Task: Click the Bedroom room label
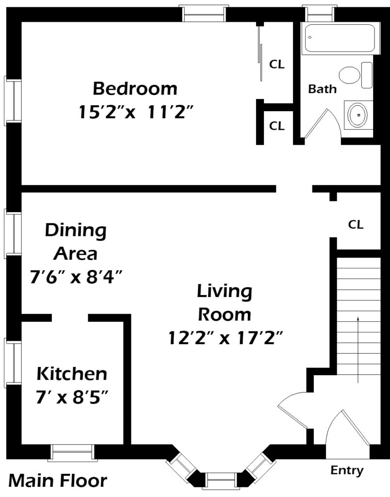coord(135,88)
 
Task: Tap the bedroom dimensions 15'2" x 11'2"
coord(136,112)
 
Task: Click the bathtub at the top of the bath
coord(340,38)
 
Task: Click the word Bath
coord(322,89)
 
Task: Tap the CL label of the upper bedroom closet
coord(277,65)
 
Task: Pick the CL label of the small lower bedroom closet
coord(277,126)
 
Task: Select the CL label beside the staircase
coord(356,224)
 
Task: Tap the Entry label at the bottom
coord(347,470)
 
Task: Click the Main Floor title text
coord(58,480)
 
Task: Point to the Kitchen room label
coord(72,374)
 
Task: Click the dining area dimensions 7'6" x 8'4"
coord(76,277)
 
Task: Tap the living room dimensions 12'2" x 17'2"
coord(225,338)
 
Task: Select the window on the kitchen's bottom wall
coord(72,453)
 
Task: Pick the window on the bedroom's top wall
coord(204,13)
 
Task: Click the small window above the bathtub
coord(319,13)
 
